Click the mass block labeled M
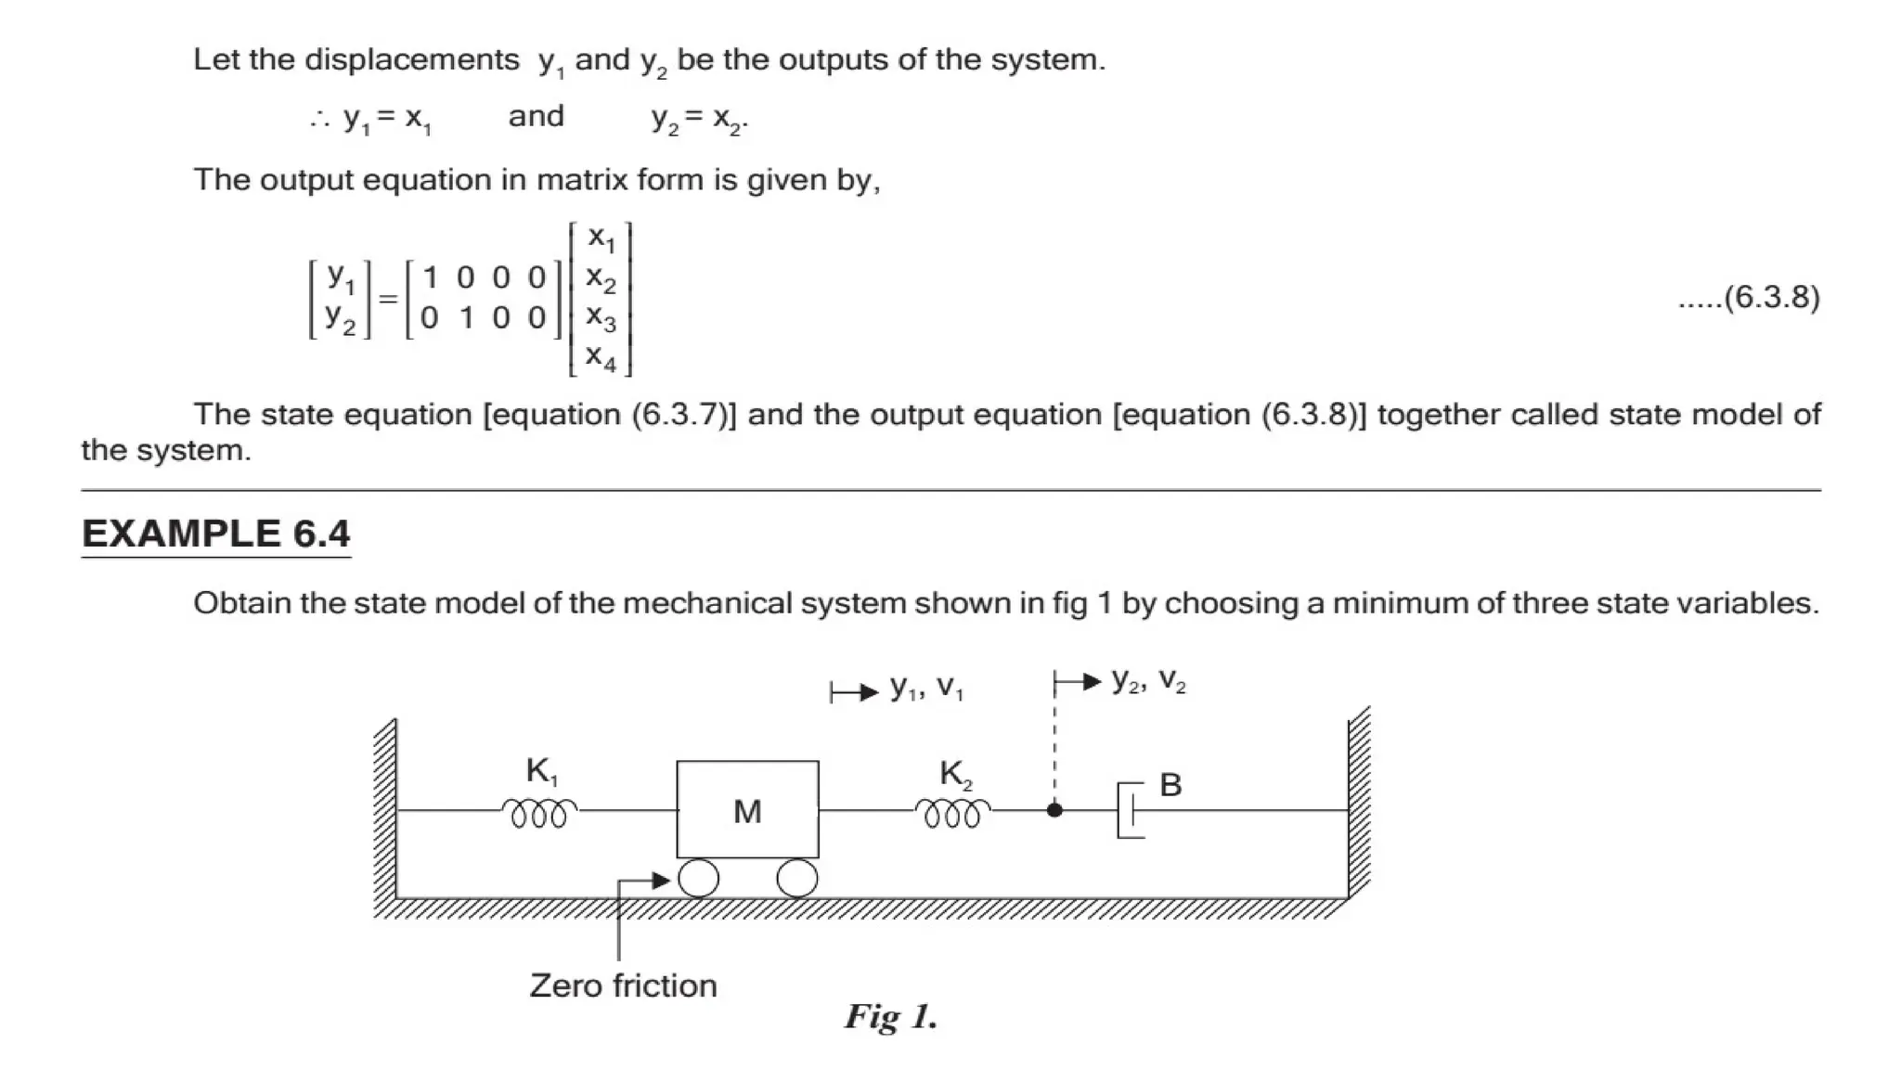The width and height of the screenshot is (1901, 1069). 747,810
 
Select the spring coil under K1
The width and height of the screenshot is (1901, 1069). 539,813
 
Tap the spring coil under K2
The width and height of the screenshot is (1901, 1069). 952,813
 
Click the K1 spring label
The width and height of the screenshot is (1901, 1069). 542,771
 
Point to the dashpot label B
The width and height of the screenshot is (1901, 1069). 1170,785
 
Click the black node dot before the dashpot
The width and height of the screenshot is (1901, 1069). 1054,810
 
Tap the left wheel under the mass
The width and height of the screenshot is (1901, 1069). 699,878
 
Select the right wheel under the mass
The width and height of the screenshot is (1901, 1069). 796,878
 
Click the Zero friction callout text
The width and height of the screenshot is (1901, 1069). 623,985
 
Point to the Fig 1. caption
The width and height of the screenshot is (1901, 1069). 891,1017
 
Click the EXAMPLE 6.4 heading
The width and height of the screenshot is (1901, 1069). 215,534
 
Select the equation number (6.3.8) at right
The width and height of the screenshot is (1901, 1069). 1771,298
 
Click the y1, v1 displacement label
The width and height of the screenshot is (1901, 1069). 926,688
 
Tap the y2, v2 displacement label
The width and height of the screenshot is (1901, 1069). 1149,682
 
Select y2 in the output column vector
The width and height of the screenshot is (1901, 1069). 340,318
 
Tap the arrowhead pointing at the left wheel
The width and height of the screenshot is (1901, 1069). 661,880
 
